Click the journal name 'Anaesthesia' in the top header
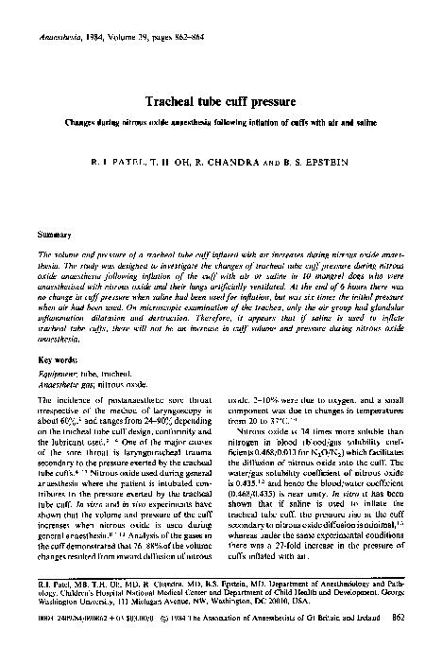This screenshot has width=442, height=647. click(x=59, y=16)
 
